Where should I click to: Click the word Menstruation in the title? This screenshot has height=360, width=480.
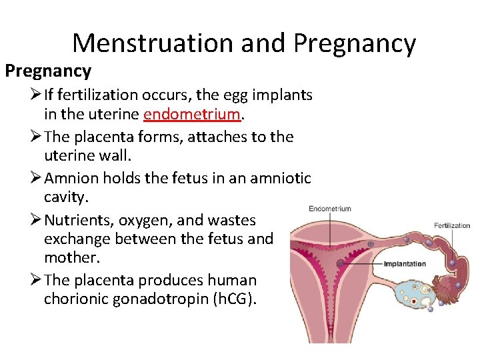pos(153,43)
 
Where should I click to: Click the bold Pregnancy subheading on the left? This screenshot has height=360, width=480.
pos(48,71)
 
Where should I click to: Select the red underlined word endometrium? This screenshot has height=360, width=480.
pos(191,114)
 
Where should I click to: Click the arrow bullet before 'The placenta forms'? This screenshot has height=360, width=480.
pos(35,137)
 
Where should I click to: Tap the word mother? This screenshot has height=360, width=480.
pos(68,257)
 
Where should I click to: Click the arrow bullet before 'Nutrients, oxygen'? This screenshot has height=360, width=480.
pos(35,221)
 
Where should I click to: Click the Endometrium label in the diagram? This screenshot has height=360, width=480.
pos(329,209)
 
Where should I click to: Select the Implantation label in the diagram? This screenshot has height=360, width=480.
pos(405,263)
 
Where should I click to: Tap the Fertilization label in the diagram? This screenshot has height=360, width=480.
pos(452,225)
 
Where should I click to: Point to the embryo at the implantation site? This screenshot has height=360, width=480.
pos(341,263)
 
